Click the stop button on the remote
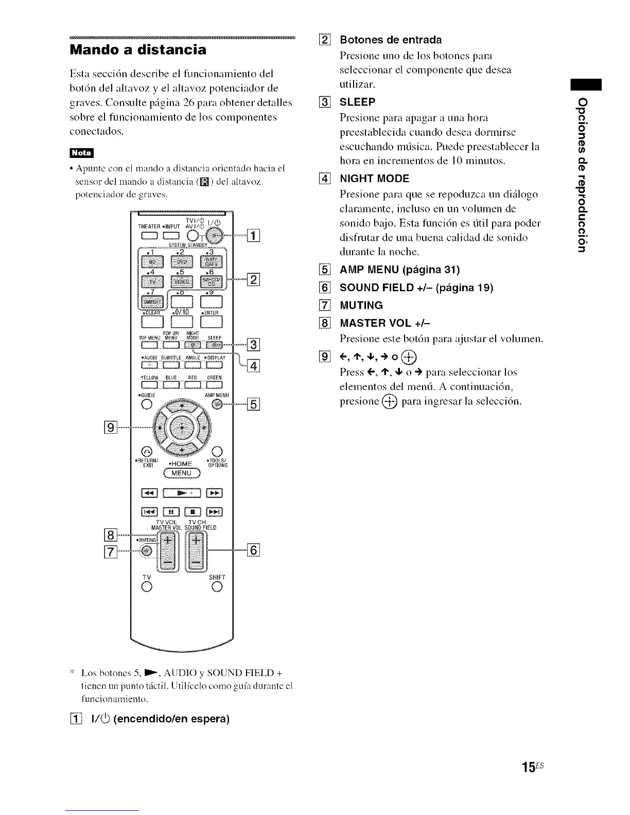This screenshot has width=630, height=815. click(193, 512)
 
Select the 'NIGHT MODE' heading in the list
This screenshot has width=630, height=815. click(374, 179)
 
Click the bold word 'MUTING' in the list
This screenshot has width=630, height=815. click(361, 305)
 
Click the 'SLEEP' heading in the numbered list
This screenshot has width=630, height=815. click(357, 101)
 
